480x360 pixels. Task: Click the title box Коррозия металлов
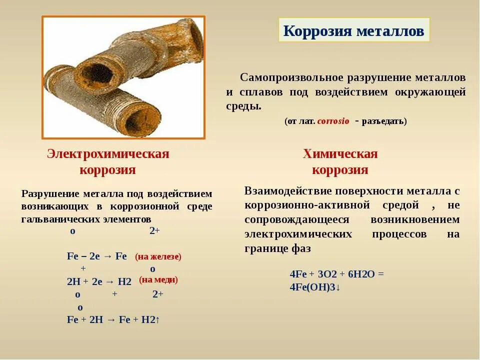tap(353, 30)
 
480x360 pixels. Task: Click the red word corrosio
tap(333, 121)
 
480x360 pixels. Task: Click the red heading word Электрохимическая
tap(108, 154)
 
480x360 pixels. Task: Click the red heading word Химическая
tap(340, 154)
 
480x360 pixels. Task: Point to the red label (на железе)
tap(158, 256)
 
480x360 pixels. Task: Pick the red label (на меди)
tap(158, 280)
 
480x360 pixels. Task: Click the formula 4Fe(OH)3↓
tap(315, 287)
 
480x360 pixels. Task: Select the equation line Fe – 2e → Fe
tap(97, 256)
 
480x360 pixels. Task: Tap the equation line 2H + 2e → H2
tap(99, 281)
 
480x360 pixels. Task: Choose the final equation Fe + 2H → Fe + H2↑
tap(113, 319)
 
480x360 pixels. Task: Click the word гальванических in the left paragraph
tap(52, 219)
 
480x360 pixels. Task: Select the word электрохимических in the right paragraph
tap(298, 234)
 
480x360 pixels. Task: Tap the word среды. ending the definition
tap(243, 106)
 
